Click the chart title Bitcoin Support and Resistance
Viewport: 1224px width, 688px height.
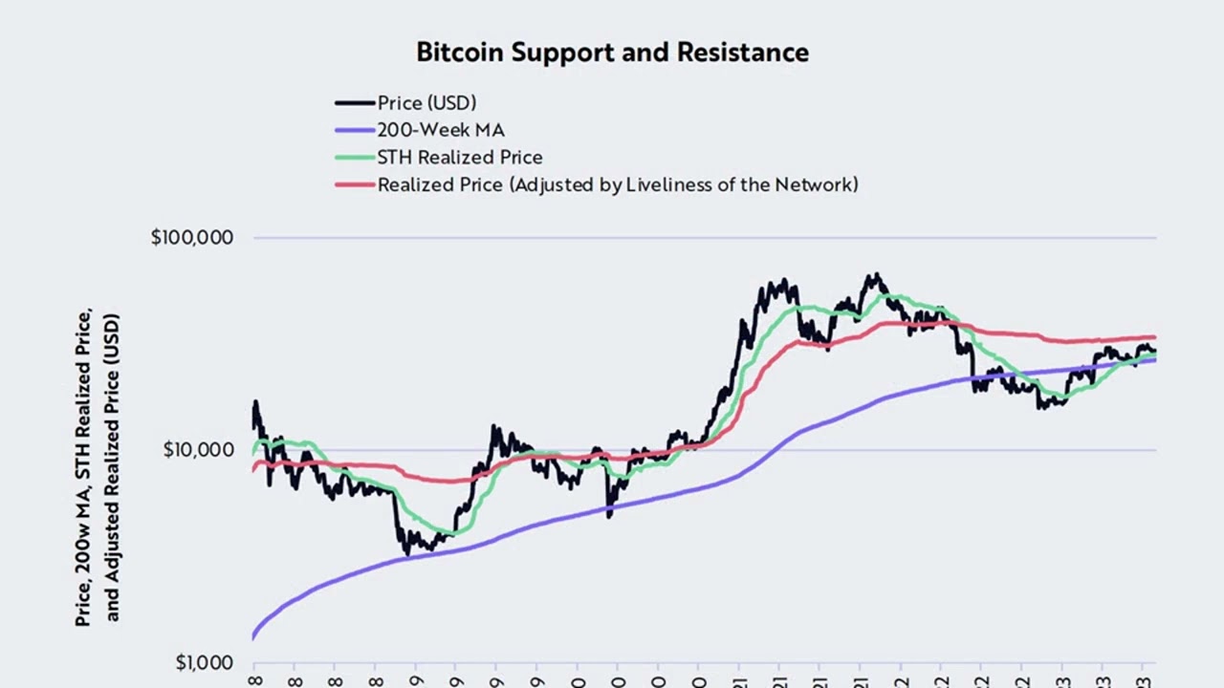coord(612,53)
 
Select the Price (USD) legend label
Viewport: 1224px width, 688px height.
coord(426,103)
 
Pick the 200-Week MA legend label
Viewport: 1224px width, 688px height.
coord(441,130)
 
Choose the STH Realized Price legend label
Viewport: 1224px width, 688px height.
coord(460,158)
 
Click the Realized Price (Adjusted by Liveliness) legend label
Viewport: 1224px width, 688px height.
coord(618,184)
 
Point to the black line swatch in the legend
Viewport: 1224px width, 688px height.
coord(354,103)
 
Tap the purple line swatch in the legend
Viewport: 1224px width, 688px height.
coord(354,130)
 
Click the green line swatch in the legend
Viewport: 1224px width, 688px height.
coord(354,158)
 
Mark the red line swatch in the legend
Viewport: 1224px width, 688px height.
coord(354,184)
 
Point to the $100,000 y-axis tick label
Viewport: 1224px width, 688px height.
coord(192,238)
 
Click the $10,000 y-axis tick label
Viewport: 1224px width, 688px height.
coord(197,450)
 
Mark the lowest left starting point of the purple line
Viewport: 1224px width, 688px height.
coord(253,636)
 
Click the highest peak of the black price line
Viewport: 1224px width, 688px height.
coord(874,275)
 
